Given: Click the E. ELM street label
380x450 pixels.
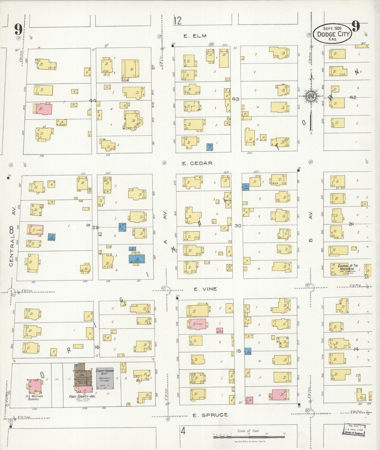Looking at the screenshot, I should point(195,36).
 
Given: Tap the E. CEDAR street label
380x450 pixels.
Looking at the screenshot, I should point(197,163).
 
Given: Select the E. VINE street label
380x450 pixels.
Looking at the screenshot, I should point(205,289).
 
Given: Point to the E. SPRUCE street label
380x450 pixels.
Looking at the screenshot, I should point(210,415).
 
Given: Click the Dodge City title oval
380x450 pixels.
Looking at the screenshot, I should point(333,34).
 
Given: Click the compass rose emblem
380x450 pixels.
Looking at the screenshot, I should point(311,96).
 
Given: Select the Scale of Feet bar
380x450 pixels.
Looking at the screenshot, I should point(249,437).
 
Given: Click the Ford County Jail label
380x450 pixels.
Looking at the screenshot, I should point(82,396).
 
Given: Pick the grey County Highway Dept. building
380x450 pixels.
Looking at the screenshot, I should point(105,378).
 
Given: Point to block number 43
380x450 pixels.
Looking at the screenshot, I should point(236,99).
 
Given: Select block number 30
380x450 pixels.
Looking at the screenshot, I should point(238,226).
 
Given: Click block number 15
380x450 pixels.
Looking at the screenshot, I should point(239,351).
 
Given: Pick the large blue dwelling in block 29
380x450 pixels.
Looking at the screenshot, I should point(137,259).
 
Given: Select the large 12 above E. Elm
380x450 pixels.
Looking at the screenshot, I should point(178,20).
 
